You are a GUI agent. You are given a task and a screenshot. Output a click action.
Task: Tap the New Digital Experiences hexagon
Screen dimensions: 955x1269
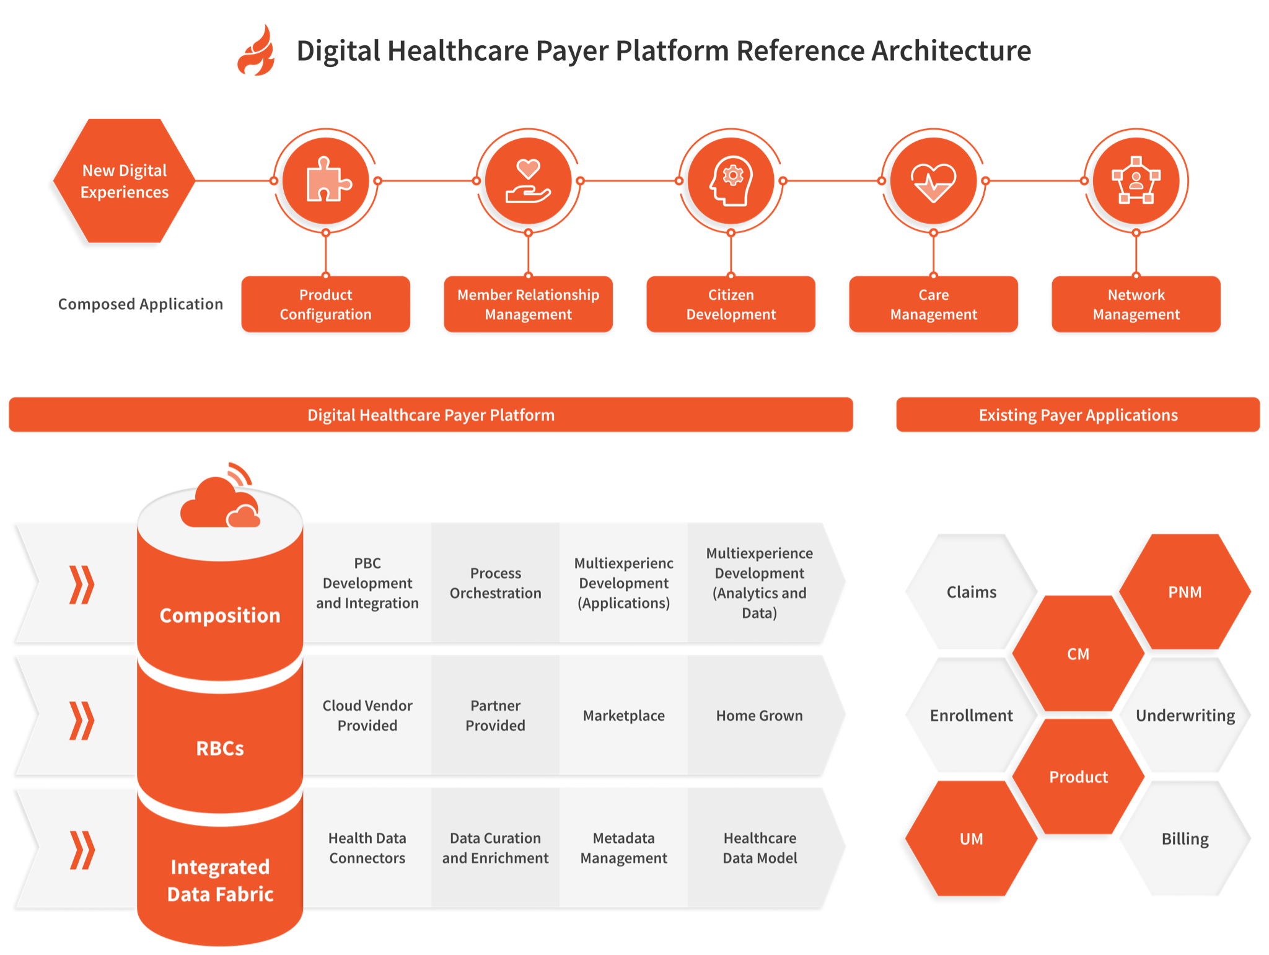[x=125, y=181]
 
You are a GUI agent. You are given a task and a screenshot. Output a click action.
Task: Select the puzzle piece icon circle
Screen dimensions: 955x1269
[x=326, y=181]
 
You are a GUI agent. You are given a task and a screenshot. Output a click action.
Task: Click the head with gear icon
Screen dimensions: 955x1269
[x=731, y=181]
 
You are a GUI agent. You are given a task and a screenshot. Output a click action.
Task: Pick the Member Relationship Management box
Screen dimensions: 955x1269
[x=528, y=304]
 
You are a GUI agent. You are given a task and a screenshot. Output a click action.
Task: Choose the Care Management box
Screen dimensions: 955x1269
[x=933, y=304]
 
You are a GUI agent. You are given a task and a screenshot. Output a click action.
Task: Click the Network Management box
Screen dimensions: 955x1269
[x=1136, y=304]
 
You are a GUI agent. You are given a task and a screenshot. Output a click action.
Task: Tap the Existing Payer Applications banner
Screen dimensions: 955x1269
[x=1078, y=415]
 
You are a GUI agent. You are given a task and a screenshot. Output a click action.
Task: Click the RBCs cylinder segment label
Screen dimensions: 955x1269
[x=220, y=748]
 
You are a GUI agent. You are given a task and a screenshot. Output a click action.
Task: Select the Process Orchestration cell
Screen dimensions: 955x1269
[x=495, y=583]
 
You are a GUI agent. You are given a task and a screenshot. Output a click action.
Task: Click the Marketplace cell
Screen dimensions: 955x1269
[x=623, y=716]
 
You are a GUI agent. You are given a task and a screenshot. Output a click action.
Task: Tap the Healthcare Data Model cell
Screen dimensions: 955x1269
[x=760, y=848]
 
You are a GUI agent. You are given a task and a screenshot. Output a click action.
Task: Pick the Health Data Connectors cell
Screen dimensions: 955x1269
[x=367, y=848]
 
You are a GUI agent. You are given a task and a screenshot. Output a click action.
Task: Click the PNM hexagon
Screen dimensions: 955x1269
[x=1185, y=592]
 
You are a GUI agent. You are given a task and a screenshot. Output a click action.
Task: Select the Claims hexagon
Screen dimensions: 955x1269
[x=971, y=592]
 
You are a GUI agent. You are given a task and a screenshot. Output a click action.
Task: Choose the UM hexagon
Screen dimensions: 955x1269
[x=971, y=838]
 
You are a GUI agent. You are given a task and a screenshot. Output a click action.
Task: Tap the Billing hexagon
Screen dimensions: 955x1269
[x=1185, y=838]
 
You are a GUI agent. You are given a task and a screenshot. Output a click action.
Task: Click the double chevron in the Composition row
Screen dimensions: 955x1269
[x=81, y=584]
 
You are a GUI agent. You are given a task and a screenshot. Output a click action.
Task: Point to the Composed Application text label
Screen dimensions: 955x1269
[x=141, y=304]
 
